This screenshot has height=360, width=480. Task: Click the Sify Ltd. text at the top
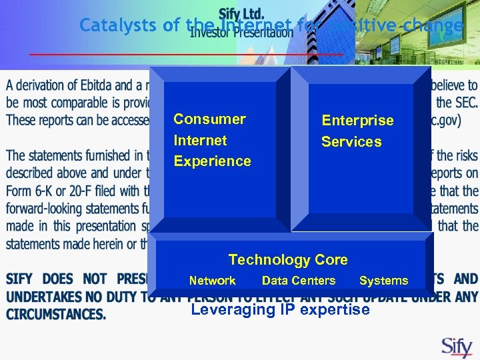coord(241,14)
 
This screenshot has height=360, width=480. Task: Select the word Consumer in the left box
coord(209,119)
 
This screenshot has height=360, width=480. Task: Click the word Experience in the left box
coord(212,161)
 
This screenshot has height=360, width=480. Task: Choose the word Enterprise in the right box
coord(357,121)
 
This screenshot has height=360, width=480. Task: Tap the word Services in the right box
coord(351,142)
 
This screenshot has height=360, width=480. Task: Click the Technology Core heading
coord(288,260)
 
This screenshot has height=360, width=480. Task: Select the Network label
coord(212,281)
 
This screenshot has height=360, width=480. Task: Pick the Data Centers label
coord(299,281)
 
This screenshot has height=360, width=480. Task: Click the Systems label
coord(383,281)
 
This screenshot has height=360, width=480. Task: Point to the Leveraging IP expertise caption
coord(280,310)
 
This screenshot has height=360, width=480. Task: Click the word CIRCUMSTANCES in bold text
coord(56,313)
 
